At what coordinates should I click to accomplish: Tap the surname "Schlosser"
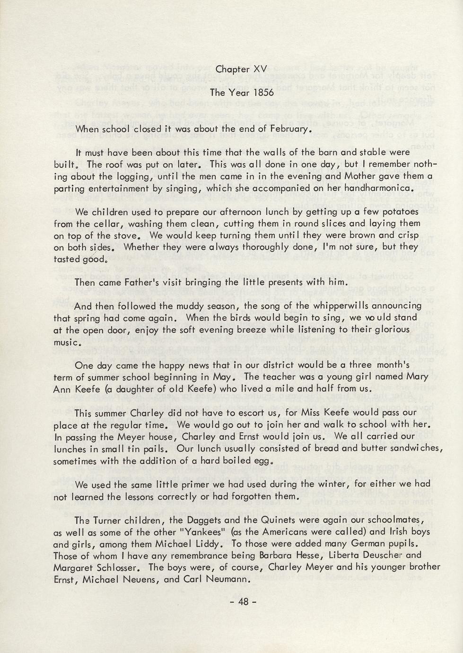coord(119,567)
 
